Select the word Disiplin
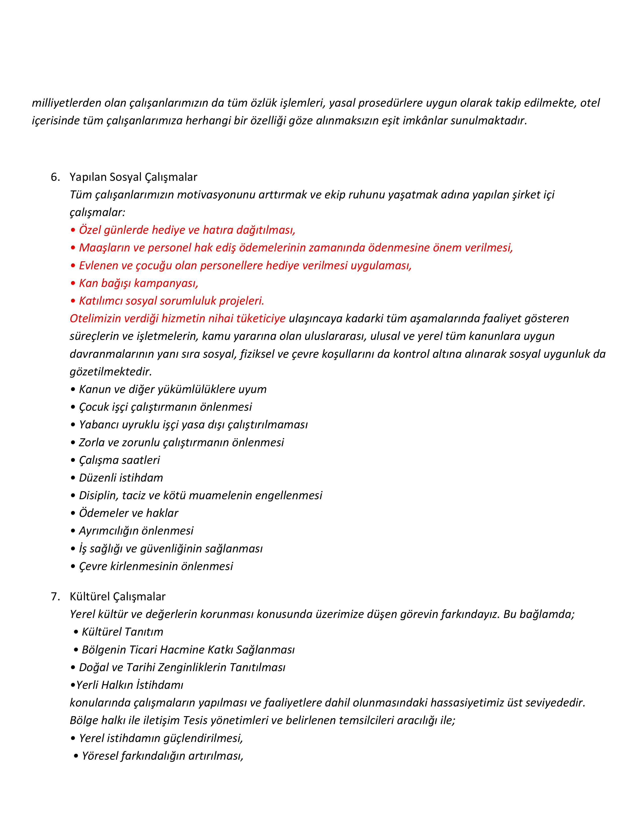coord(98,496)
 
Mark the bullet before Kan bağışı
coord(73,283)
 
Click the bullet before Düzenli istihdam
coord(73,478)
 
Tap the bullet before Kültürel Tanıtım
coord(76,632)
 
